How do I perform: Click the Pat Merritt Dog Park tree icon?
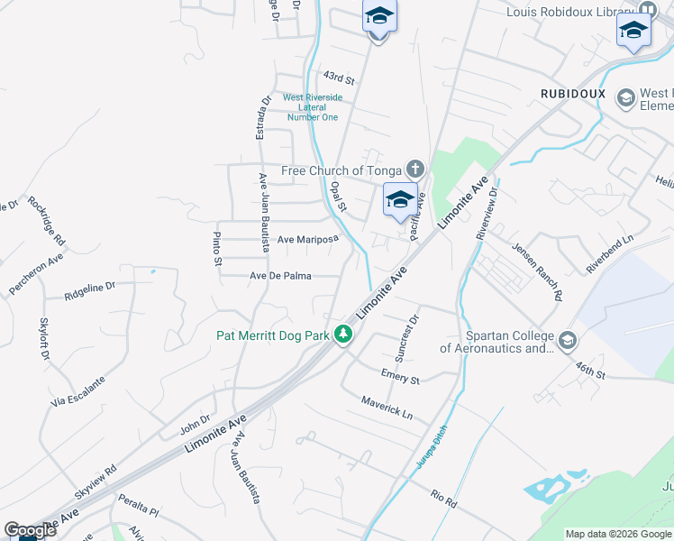[342, 335]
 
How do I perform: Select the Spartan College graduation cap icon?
[567, 341]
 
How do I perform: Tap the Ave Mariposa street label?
[307, 240]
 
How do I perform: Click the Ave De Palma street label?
[281, 276]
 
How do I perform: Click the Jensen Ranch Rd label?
[538, 270]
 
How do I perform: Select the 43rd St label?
[335, 77]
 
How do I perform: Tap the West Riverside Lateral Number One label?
[313, 107]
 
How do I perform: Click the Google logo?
[30, 530]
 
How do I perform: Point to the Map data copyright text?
[619, 534]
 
